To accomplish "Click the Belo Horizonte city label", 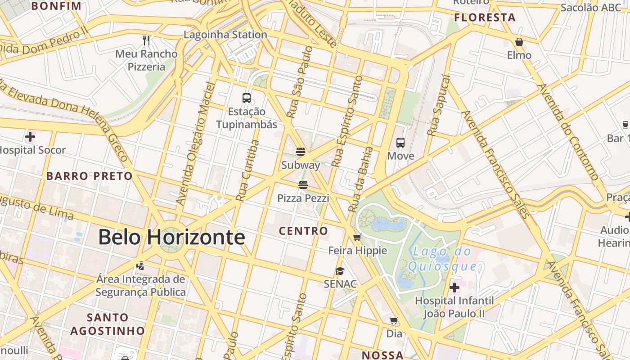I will coord(171,237).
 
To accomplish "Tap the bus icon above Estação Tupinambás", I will coord(247,98).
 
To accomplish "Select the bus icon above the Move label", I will coord(400,143).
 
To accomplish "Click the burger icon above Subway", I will coord(301,152).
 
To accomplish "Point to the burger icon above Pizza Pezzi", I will coord(303,184).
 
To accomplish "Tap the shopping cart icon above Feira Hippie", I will coord(357,237).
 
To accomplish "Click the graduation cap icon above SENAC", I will coord(340,271).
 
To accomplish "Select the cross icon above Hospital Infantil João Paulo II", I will coord(454,287).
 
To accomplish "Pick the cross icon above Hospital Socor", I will coord(30,136).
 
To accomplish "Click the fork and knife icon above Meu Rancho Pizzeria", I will coord(146,40).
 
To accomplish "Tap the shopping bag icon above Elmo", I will coord(519,42).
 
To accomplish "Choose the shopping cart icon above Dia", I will coord(394,321).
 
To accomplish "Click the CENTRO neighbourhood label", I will coord(303,231).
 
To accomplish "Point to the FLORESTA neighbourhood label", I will coord(485,18).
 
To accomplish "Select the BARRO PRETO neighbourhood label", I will coord(90,176).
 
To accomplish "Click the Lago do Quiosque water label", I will coord(442,259).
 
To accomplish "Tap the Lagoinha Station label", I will coord(225,35).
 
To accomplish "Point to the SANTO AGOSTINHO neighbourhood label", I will coord(108,324).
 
